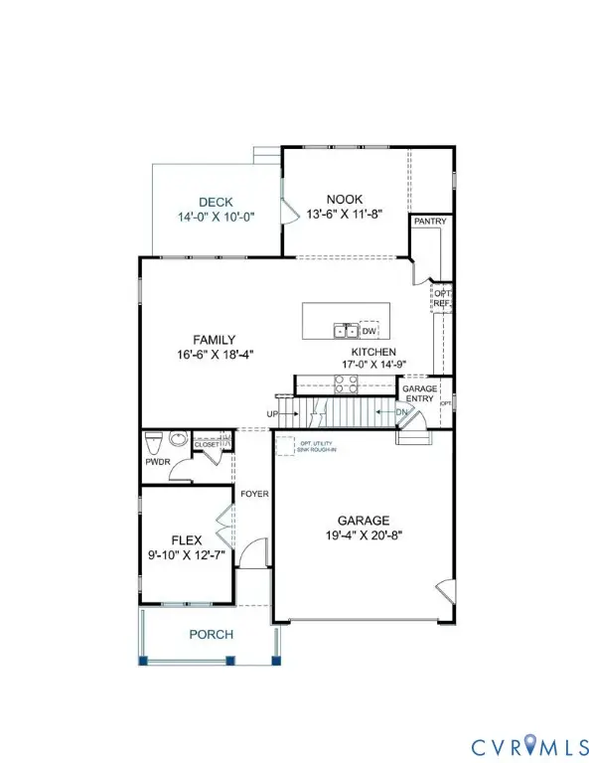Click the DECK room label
214,201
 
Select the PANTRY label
430,222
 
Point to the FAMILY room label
215,340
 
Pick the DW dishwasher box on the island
369,331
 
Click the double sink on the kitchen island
346,331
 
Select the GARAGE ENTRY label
418,394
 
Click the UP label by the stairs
271,412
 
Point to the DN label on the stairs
401,411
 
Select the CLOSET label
207,444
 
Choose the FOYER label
255,494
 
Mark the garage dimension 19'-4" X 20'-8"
363,536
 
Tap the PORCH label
212,635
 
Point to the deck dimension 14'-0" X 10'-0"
214,217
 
